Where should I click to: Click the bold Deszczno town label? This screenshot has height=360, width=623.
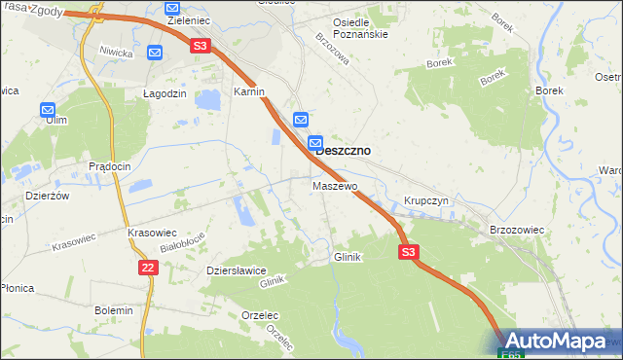343,151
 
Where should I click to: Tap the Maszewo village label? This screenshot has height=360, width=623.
335,185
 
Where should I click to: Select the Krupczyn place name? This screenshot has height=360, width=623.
425,200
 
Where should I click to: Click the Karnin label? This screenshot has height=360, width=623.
249,90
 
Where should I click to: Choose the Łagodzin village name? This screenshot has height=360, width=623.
164,92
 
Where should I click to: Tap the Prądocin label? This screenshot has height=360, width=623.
109,166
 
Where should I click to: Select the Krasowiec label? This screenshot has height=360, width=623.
151,234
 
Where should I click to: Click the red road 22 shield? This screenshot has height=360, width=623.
147,267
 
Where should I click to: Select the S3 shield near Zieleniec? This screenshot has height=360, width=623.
200,45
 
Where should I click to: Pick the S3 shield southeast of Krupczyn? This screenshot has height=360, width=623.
409,252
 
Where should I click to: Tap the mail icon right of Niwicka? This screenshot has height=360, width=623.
156,52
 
